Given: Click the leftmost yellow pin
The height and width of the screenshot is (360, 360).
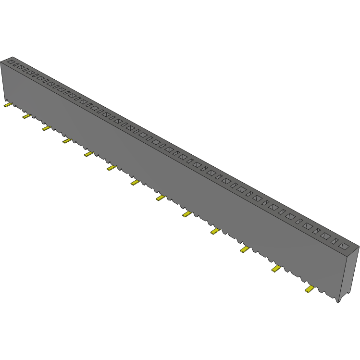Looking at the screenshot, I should [7, 105].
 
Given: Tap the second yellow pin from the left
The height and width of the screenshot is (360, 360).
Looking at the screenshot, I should [26, 116].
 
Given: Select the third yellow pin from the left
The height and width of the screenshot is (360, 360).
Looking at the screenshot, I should [46, 128].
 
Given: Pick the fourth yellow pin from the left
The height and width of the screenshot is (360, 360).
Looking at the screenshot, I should [66, 141].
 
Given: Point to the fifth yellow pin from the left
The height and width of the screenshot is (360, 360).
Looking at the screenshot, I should [88, 154].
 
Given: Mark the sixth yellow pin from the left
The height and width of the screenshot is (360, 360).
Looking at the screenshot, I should [112, 168].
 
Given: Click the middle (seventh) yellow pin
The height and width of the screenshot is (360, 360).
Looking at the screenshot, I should [136, 182].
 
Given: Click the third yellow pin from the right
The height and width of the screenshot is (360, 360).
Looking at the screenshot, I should [245, 249].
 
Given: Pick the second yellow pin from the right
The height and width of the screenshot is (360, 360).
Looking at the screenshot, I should [276, 268].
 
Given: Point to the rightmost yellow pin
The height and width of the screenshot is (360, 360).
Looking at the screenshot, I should [309, 289].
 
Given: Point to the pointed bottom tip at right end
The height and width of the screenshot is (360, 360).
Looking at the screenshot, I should [338, 301].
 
